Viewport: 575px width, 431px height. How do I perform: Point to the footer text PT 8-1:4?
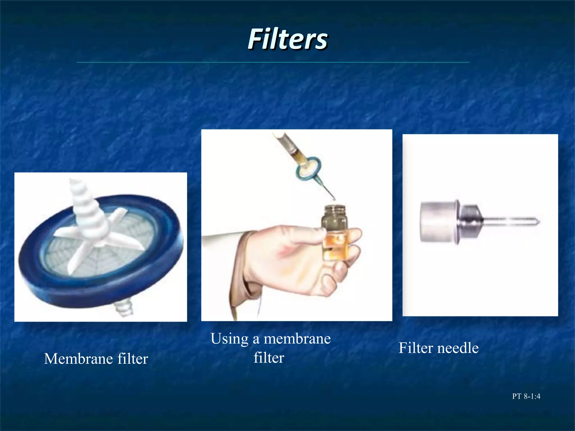[526, 396]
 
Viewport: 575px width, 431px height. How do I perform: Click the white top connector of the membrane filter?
[84, 202]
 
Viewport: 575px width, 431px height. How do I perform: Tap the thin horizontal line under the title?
[273, 62]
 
